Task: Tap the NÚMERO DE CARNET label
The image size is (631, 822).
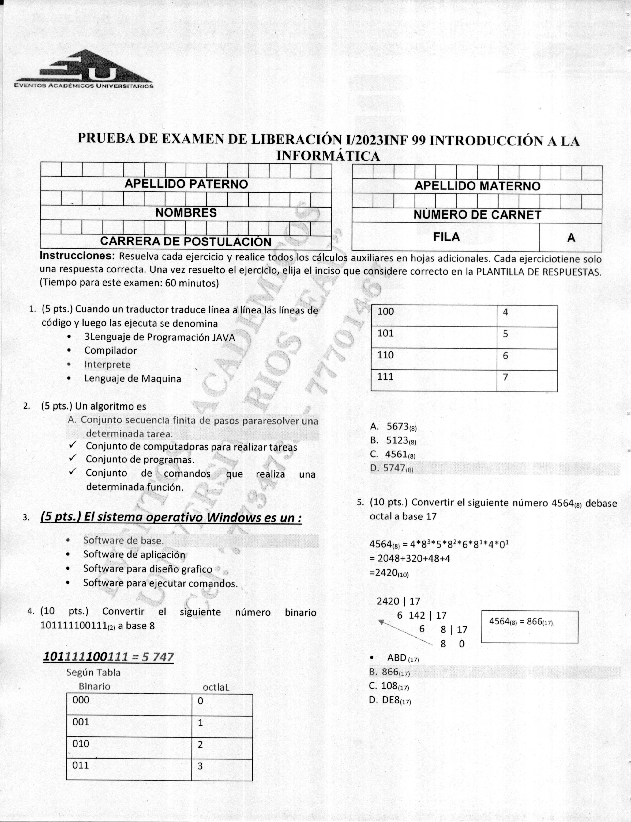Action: (x=477, y=215)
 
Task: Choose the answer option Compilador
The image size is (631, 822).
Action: (x=110, y=351)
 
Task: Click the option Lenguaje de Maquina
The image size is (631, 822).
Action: (x=132, y=379)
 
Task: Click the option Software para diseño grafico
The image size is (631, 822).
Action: (x=148, y=569)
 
